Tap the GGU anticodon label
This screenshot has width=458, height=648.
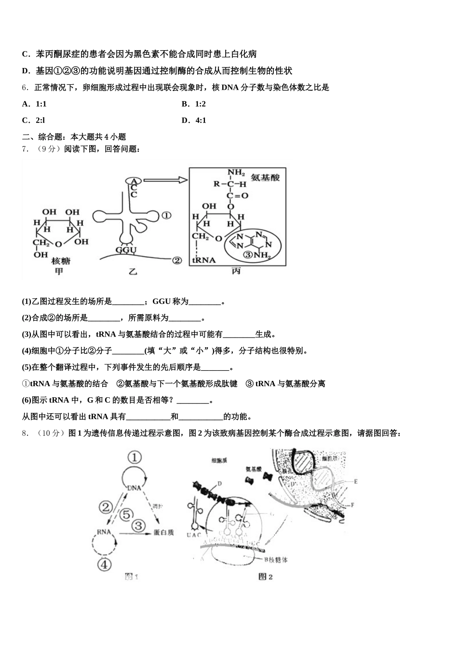pyautogui.click(x=126, y=250)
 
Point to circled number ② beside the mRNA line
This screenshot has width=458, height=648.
pyautogui.click(x=177, y=260)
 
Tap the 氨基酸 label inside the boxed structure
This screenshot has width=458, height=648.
pyautogui.click(x=265, y=177)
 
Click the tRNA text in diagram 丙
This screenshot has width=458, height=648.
pyautogui.click(x=204, y=260)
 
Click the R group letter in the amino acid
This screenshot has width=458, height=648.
pyautogui.click(x=217, y=184)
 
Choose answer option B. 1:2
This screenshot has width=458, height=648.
pyautogui.click(x=194, y=104)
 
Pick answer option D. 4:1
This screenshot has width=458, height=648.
pyautogui.click(x=194, y=120)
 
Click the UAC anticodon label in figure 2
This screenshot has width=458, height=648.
pyautogui.click(x=194, y=535)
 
